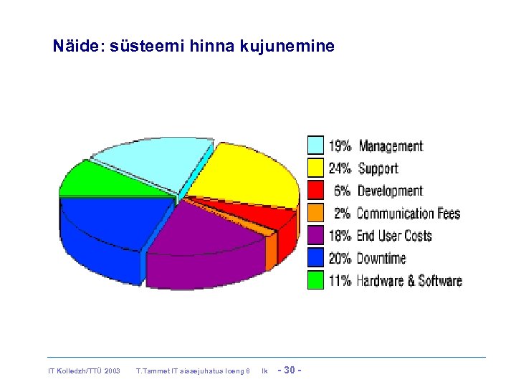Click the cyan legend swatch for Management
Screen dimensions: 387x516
(x=315, y=145)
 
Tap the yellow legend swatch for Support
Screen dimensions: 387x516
(x=315, y=168)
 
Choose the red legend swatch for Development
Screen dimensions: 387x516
(x=315, y=190)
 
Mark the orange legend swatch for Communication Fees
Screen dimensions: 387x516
(x=315, y=213)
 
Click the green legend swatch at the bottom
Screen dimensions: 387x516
(x=315, y=280)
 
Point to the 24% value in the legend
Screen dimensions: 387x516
(x=340, y=168)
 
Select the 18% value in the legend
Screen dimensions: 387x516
(x=340, y=236)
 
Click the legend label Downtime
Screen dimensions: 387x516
(x=381, y=258)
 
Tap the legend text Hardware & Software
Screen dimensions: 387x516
(x=409, y=281)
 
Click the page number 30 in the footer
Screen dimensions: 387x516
(x=290, y=371)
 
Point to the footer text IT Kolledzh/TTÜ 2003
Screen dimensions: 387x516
(x=85, y=371)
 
